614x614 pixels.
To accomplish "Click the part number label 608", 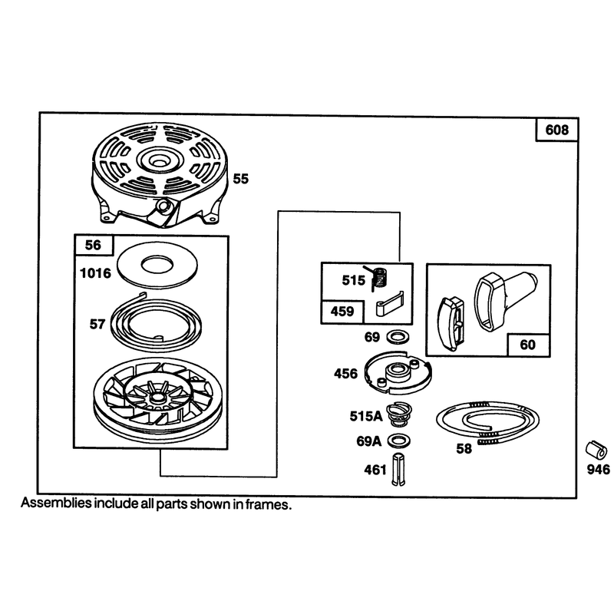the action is pyautogui.click(x=556, y=130).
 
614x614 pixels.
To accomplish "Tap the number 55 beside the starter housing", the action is pyautogui.click(x=240, y=179).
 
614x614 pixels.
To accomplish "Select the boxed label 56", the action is pyautogui.click(x=93, y=245).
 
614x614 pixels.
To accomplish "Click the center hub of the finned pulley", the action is pyautogui.click(x=157, y=397).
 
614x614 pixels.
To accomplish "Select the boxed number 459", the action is pyautogui.click(x=342, y=312).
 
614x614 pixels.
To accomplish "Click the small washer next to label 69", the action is pyautogui.click(x=398, y=336).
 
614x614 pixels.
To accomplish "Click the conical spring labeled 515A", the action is pyautogui.click(x=399, y=415).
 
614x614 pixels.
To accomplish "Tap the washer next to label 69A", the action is pyautogui.click(x=398, y=441).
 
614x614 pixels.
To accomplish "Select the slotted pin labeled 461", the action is pyautogui.click(x=398, y=470).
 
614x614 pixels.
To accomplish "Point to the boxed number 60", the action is pyautogui.click(x=527, y=345).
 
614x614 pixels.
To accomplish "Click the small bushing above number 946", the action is pyautogui.click(x=597, y=451).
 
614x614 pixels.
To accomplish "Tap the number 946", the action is pyautogui.click(x=599, y=469).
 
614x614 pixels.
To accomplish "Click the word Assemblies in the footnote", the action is pyautogui.click(x=55, y=503).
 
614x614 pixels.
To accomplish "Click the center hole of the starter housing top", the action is pyautogui.click(x=159, y=160).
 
